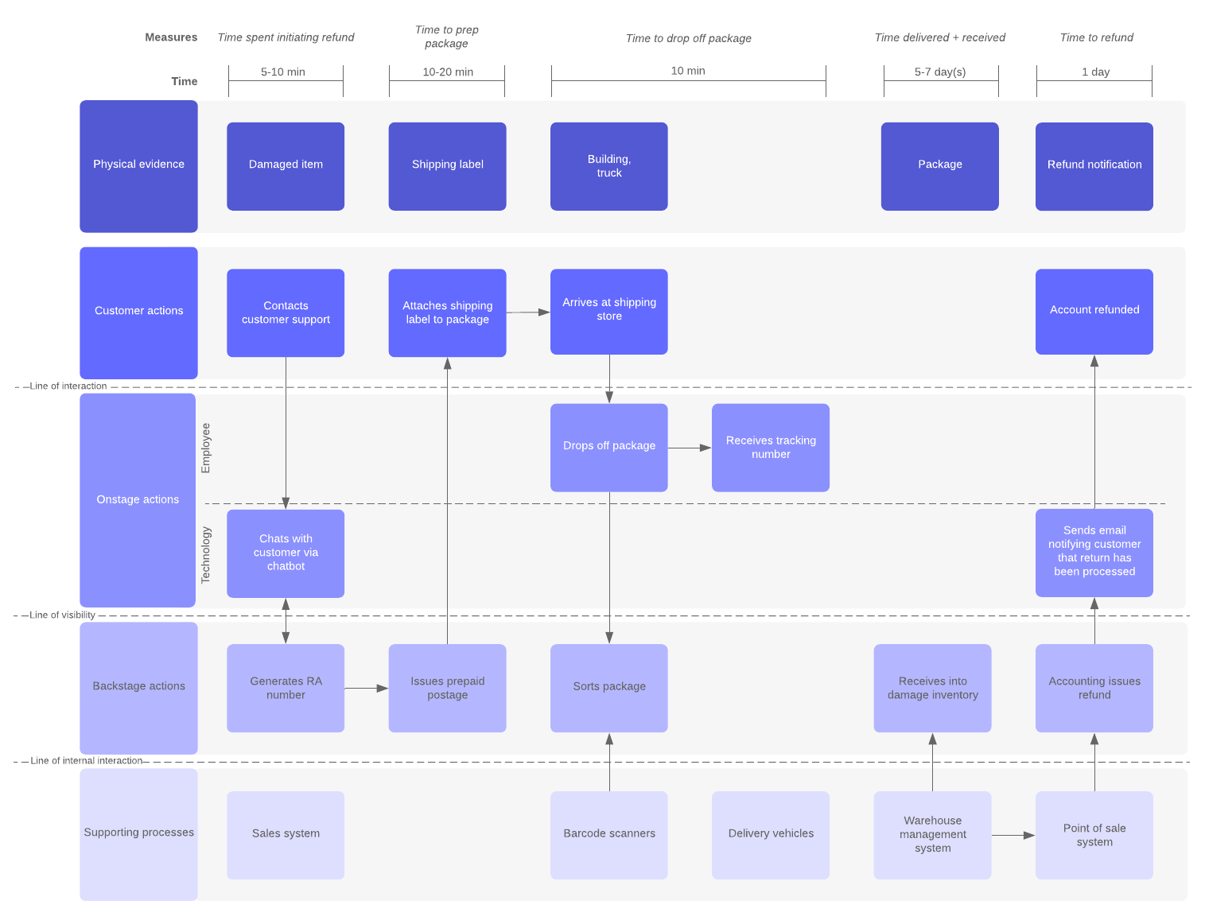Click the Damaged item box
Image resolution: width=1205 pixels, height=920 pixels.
(x=286, y=165)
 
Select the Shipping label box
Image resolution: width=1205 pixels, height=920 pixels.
(x=447, y=165)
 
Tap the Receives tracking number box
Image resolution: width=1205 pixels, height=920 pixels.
(x=770, y=447)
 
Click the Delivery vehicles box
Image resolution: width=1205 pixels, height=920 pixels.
(x=770, y=834)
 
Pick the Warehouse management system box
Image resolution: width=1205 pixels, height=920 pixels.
(x=932, y=834)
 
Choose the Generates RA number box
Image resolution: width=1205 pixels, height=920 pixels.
(x=286, y=688)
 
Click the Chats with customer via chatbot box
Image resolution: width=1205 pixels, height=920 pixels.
(x=286, y=553)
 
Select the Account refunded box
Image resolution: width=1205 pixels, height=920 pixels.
(x=1094, y=311)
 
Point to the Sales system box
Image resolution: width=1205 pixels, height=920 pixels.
(x=286, y=834)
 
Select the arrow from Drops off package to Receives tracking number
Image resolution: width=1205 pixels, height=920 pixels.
(x=689, y=448)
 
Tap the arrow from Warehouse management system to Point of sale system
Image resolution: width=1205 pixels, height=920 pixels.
(x=1013, y=835)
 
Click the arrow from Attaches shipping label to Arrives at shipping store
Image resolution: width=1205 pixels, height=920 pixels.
(x=527, y=312)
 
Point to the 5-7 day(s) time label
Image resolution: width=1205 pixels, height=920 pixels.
(x=940, y=72)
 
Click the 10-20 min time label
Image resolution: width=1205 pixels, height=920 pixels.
(x=448, y=72)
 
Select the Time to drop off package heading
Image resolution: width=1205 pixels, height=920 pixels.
(x=688, y=38)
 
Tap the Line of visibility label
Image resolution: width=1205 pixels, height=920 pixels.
(x=62, y=615)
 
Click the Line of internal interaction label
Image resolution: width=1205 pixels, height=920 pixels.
(x=86, y=760)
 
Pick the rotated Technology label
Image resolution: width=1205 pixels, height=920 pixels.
(x=206, y=555)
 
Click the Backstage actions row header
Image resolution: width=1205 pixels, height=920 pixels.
(x=138, y=687)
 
